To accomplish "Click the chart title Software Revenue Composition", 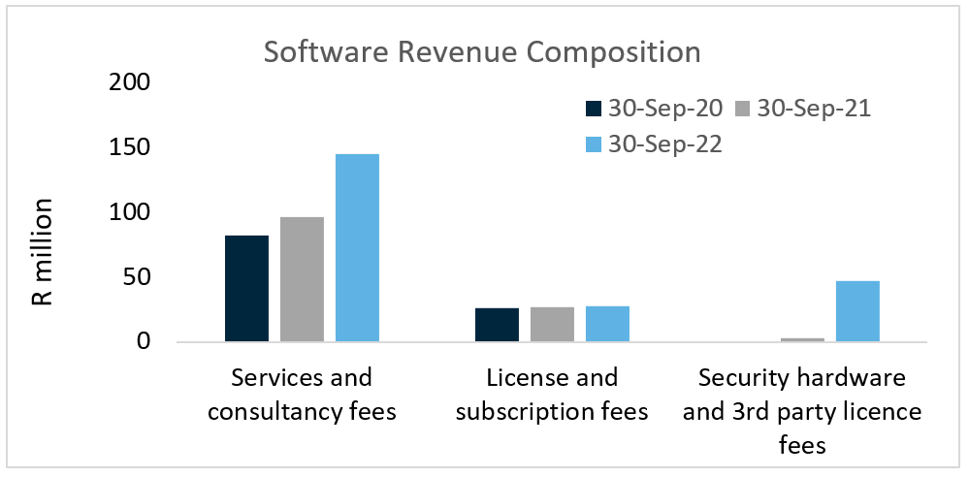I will (482, 51).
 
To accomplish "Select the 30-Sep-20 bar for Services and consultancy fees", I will (246, 289).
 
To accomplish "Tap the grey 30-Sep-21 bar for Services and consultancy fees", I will (302, 279).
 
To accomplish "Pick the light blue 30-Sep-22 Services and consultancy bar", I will (357, 248).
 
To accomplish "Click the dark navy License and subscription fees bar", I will (497, 325).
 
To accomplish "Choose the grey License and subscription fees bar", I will (552, 325).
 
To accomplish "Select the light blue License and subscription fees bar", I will (607, 324).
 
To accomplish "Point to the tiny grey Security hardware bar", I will (802, 339).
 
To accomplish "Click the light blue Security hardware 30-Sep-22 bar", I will (857, 311).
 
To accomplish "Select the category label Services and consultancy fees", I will (302, 394).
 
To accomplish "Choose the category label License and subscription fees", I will (552, 394).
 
